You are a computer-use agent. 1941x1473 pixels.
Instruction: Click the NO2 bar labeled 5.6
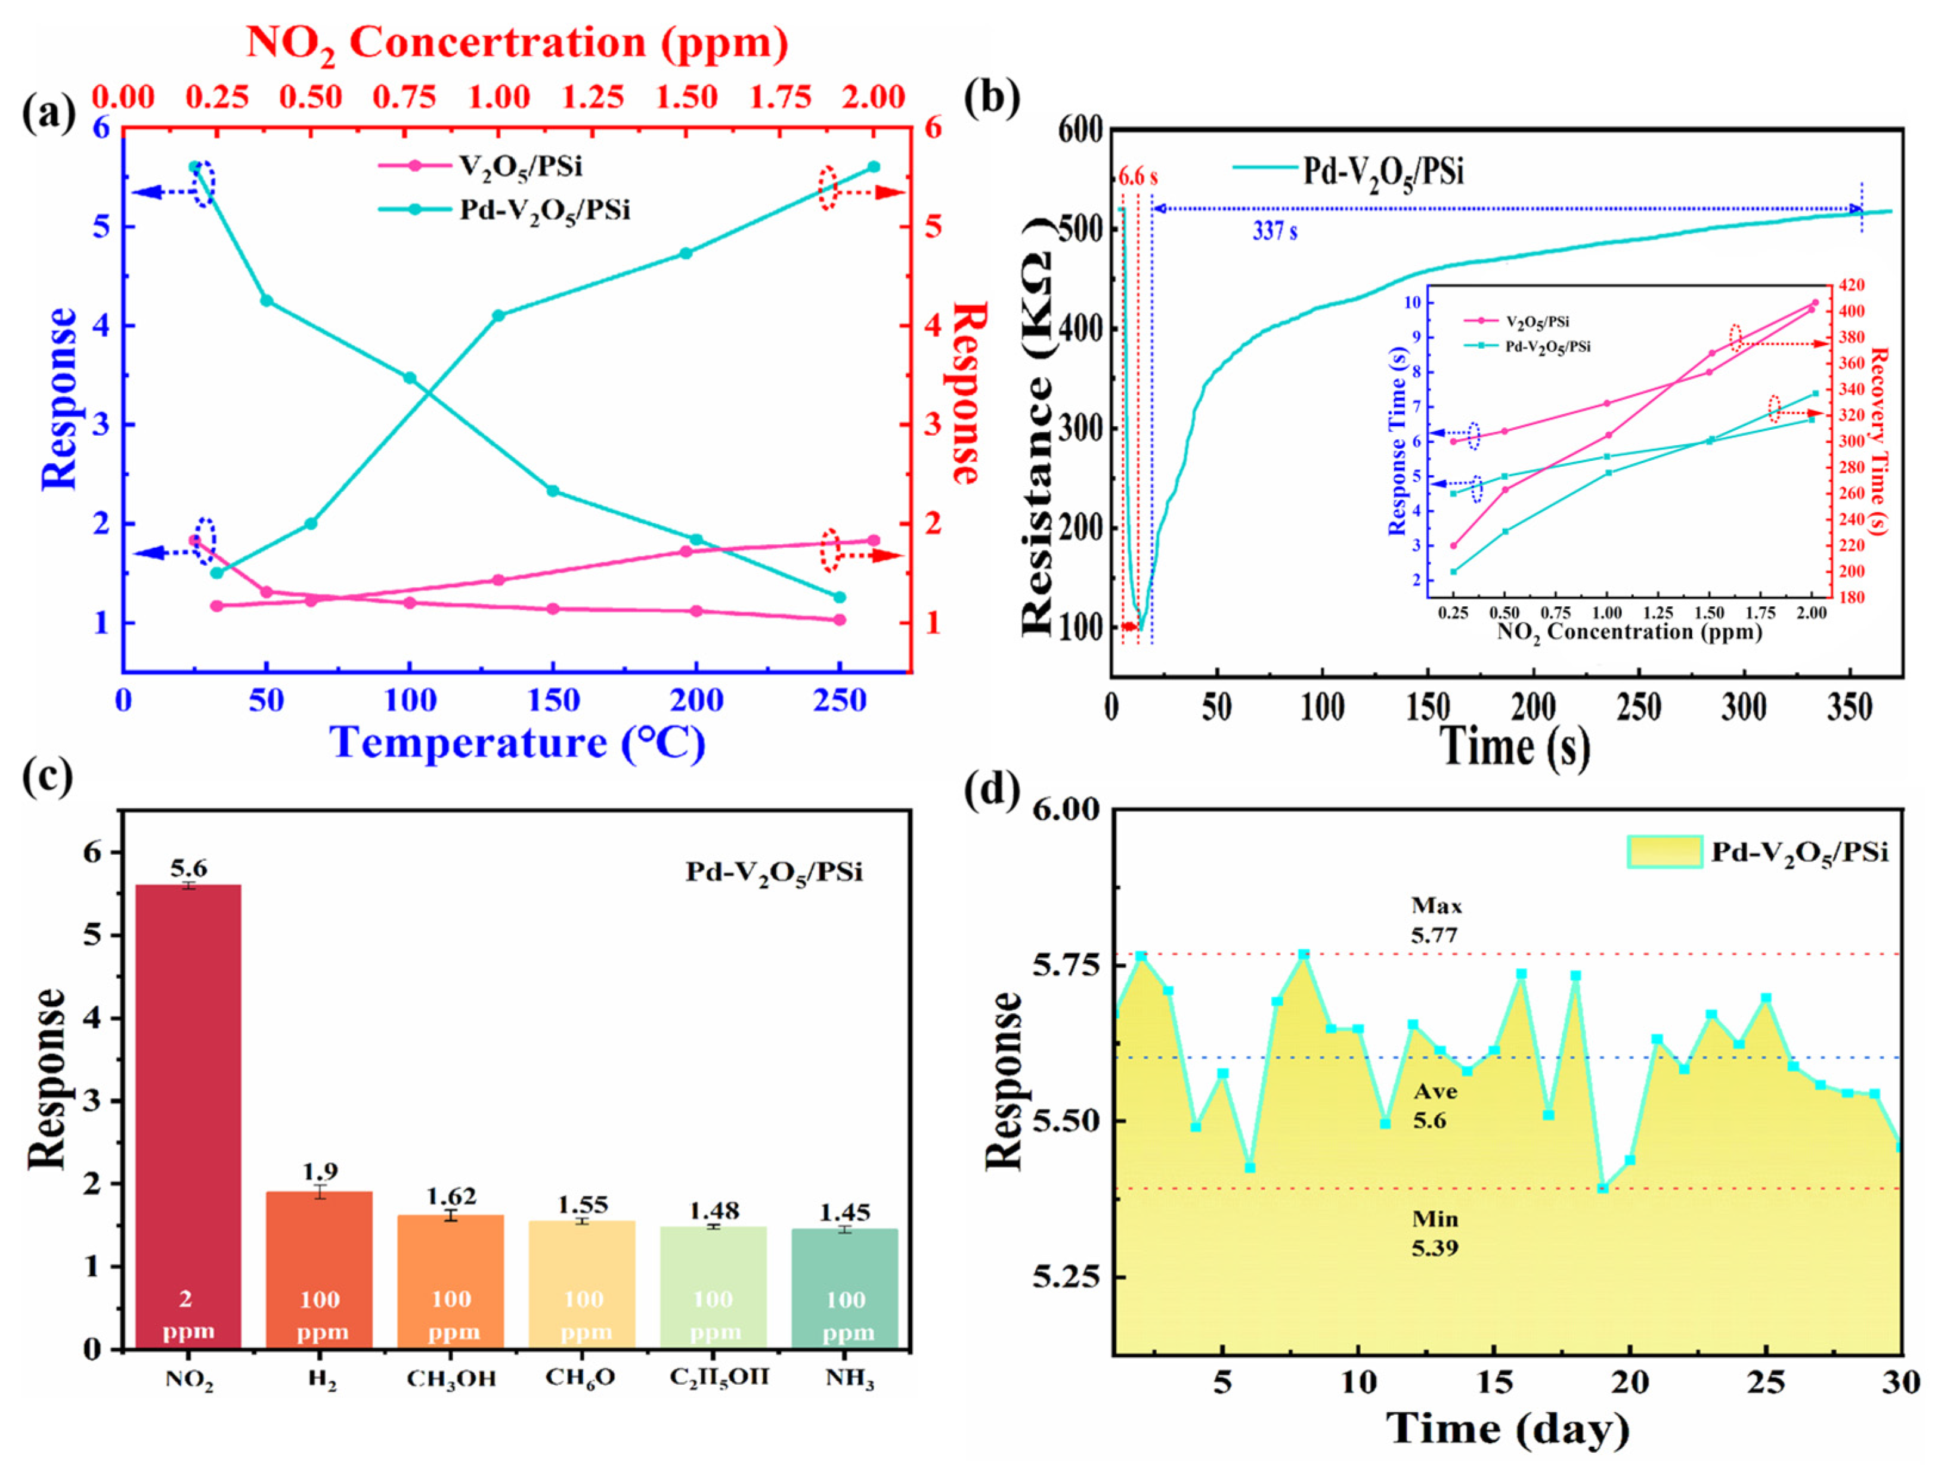click(x=188, y=1114)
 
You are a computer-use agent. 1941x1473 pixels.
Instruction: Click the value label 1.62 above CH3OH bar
click(x=451, y=1196)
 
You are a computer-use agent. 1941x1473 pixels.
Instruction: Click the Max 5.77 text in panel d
click(x=1435, y=919)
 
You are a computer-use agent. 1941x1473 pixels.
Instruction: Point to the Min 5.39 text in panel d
click(x=1435, y=1233)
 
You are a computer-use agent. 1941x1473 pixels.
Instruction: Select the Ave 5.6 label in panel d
click(x=1435, y=1105)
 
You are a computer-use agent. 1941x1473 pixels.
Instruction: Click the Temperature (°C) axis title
click(x=518, y=743)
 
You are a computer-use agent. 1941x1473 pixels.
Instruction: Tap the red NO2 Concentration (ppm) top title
click(x=518, y=42)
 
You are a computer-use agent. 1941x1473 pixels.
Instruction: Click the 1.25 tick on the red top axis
click(x=593, y=97)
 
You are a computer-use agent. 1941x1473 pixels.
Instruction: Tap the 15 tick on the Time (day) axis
click(x=1494, y=1384)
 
